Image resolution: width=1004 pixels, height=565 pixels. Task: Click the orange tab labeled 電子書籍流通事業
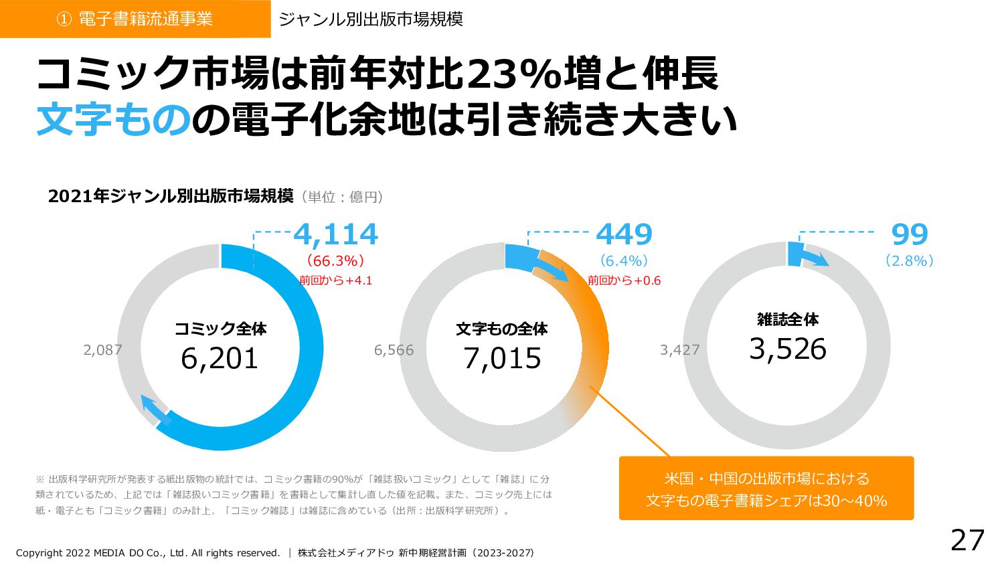tap(135, 19)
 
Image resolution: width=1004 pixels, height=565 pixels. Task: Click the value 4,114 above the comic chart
tap(335, 234)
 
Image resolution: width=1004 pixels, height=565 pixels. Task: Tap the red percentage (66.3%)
tap(335, 260)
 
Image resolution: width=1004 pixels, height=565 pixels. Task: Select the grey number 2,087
tap(102, 349)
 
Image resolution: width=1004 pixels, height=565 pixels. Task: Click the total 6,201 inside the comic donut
tap(220, 358)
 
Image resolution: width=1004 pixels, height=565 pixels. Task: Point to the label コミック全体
tap(220, 329)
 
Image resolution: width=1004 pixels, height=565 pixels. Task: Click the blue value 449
tap(624, 234)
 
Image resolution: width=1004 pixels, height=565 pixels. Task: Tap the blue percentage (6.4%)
tap(624, 260)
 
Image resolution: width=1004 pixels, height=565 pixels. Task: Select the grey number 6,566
tap(394, 350)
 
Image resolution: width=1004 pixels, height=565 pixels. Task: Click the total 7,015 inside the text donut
tap(502, 358)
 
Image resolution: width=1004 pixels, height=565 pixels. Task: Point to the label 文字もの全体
tap(502, 329)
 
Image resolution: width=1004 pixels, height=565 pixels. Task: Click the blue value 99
tap(910, 234)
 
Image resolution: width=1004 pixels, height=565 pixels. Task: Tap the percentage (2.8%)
tap(910, 260)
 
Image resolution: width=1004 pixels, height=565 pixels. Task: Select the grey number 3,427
tap(679, 350)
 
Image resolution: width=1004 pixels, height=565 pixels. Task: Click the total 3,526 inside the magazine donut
tap(788, 349)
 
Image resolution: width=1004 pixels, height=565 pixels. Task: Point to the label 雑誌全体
tap(788, 319)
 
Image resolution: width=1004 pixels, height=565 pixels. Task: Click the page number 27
tap(968, 540)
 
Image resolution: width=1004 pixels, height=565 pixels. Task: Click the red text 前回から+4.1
tap(335, 280)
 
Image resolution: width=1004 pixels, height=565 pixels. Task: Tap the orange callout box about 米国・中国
tap(766, 489)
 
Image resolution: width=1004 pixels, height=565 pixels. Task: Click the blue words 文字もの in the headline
tap(114, 120)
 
